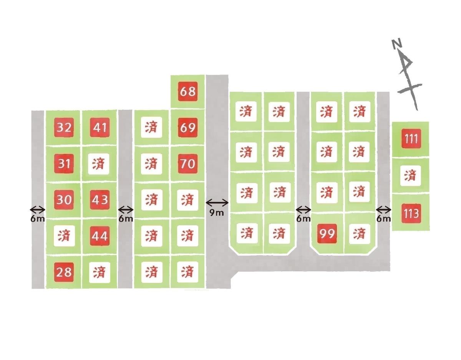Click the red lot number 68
[187, 91]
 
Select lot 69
[187, 127]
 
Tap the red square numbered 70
[187, 163]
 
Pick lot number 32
[64, 127]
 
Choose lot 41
[100, 127]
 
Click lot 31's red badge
[64, 163]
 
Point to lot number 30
[64, 200]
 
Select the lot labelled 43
[100, 200]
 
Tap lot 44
[100, 236]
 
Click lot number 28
[64, 272]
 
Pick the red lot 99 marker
[327, 233]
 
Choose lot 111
[411, 139]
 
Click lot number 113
[411, 213]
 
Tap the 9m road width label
[217, 213]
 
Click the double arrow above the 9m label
[217, 203]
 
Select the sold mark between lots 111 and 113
[411, 176]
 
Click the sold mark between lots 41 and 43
[99, 164]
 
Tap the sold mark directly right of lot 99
[359, 233]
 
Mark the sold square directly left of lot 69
[151, 127]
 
